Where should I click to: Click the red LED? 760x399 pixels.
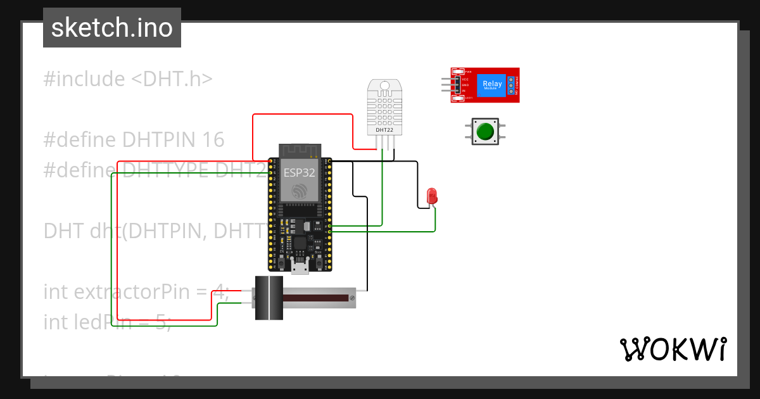(x=432, y=195)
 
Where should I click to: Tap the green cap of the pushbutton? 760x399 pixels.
(x=485, y=132)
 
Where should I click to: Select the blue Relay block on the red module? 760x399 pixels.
(x=492, y=85)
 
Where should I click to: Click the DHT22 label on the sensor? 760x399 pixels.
(x=384, y=130)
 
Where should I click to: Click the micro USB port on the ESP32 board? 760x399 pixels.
(x=300, y=266)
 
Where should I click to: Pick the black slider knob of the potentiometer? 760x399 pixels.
(x=269, y=298)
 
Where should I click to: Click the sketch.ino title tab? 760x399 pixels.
(x=112, y=28)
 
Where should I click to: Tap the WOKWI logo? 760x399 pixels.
(x=672, y=349)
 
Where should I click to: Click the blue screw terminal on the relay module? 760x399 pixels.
(x=510, y=85)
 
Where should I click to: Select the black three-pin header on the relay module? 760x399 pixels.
(x=456, y=85)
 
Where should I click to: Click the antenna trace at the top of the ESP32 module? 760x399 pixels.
(x=300, y=150)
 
